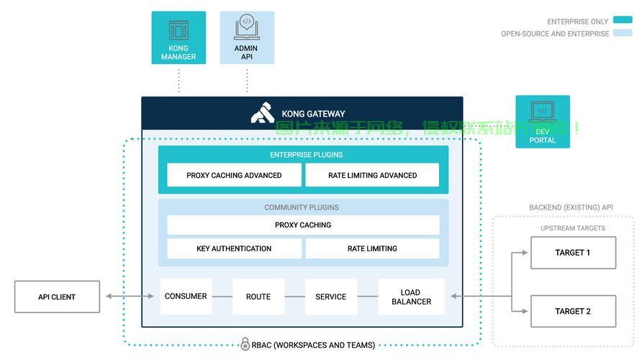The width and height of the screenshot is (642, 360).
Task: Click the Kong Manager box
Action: pyautogui.click(x=178, y=37)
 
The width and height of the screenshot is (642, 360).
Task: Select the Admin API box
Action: pyautogui.click(x=247, y=37)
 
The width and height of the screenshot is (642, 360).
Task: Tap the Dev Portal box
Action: pyautogui.click(x=543, y=122)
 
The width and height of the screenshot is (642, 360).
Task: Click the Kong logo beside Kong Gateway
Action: pyautogui.click(x=263, y=114)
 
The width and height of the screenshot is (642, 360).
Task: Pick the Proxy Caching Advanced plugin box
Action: pyautogui.click(x=234, y=175)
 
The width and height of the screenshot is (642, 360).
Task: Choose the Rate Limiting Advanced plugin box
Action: pyautogui.click(x=372, y=175)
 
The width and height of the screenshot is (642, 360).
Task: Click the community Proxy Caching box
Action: pyautogui.click(x=303, y=225)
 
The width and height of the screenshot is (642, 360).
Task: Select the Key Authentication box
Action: pyautogui.click(x=234, y=248)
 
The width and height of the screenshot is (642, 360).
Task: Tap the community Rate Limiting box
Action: pyautogui.click(x=372, y=248)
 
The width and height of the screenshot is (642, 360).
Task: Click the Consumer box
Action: pyautogui.click(x=186, y=296)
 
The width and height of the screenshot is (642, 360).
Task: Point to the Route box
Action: pyautogui.click(x=258, y=297)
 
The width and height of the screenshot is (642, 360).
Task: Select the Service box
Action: pyautogui.click(x=331, y=297)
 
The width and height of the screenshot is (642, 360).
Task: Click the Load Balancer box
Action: pyautogui.click(x=411, y=297)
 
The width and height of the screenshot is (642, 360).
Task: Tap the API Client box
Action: pyautogui.click(x=57, y=297)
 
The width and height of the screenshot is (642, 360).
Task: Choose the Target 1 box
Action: pyautogui.click(x=573, y=253)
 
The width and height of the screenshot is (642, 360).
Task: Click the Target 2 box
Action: pyautogui.click(x=573, y=311)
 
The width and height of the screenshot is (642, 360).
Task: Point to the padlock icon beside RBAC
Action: pyautogui.click(x=245, y=344)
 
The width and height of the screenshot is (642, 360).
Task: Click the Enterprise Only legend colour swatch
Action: pyautogui.click(x=622, y=21)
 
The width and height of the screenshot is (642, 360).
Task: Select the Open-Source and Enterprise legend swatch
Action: pyautogui.click(x=622, y=33)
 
